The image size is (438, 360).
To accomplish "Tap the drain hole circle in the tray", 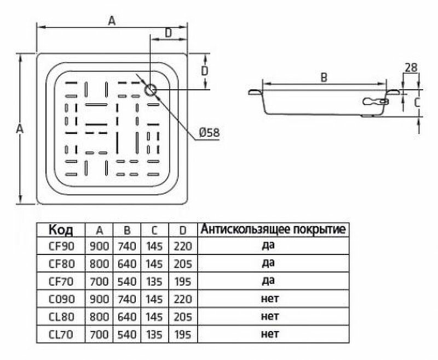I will point(151,89).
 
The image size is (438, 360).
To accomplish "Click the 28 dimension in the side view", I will point(411,68).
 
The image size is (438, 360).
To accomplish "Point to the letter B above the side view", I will point(324,78).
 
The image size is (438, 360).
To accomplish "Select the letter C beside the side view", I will point(417,102).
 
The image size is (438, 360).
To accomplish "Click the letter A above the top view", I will point(112,21).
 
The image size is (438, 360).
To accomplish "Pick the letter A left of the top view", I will point(19,129).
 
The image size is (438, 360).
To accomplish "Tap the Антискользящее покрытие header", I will point(273,229).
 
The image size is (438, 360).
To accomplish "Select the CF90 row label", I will point(60,246).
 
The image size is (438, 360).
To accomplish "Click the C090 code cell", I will point(60,299).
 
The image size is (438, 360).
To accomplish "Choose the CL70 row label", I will point(60,334).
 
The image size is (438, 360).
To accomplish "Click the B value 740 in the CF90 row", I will point(127,246).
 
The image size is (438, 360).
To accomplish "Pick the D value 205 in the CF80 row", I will point(183,264).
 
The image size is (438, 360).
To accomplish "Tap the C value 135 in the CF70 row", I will point(155,282).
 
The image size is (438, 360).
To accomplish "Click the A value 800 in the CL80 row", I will point(99,317).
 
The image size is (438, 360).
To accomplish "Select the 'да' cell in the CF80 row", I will point(268,263).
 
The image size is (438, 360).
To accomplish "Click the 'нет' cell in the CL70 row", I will point(270,334).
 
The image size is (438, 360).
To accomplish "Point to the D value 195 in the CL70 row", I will point(183,334).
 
